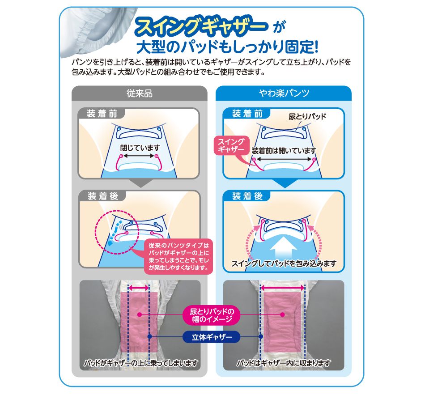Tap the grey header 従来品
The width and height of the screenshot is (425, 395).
pyautogui.click(x=139, y=93)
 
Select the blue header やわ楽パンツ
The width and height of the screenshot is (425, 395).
pyautogui.click(x=284, y=93)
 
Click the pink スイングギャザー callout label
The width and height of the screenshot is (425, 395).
pyautogui.click(x=231, y=145)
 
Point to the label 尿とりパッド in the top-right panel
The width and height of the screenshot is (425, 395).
pyautogui.click(x=307, y=117)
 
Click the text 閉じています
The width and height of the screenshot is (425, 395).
pyautogui.click(x=140, y=148)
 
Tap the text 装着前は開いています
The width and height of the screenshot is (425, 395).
pyautogui.click(x=284, y=151)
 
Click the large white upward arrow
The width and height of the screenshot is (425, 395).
pyautogui.click(x=284, y=249)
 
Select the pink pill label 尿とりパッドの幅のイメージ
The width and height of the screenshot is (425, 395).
pyautogui.click(x=211, y=315)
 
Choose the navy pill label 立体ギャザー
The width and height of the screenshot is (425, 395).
pyautogui.click(x=212, y=337)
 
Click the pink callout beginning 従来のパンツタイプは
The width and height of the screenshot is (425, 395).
pyautogui.click(x=178, y=256)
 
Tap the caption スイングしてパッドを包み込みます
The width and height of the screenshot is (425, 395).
pyautogui.click(x=284, y=263)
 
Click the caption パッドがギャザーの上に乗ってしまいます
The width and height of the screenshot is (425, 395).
pyautogui.click(x=140, y=363)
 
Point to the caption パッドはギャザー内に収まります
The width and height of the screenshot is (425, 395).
pyautogui.click(x=284, y=363)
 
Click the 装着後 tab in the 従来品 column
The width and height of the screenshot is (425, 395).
pyautogui.click(x=103, y=196)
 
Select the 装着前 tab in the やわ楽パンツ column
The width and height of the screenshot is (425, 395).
pyautogui.click(x=247, y=114)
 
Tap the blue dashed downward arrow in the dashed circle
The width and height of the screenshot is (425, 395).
pyautogui.click(x=113, y=232)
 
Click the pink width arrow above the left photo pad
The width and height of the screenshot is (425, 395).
pyautogui.click(x=139, y=288)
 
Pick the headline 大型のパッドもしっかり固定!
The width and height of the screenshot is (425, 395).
pyautogui.click(x=227, y=47)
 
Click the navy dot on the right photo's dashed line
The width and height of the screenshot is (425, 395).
pyautogui.click(x=260, y=337)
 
